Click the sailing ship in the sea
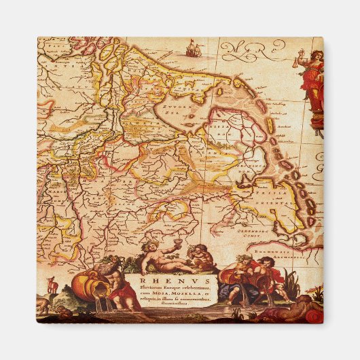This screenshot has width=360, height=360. [x=194, y=48]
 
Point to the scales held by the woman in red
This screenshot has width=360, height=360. [x=297, y=62]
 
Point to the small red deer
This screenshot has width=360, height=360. [x=49, y=281]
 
